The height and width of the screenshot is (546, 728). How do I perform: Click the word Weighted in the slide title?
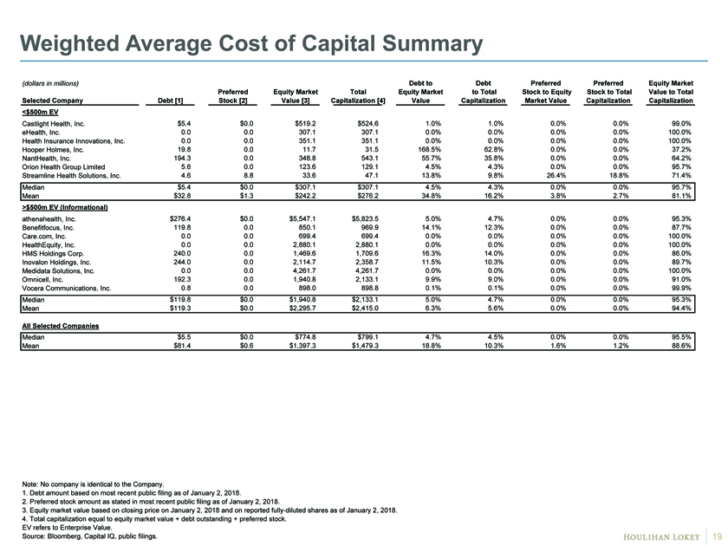[x=69, y=44]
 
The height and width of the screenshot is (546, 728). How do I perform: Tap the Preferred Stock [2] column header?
[x=233, y=96]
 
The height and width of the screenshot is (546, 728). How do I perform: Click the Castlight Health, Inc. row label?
[x=54, y=124]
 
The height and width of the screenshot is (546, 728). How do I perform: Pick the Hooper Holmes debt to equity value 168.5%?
[x=430, y=150]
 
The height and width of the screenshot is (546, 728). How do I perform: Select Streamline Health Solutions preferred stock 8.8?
[x=249, y=176]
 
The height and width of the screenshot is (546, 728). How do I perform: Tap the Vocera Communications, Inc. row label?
[x=67, y=289]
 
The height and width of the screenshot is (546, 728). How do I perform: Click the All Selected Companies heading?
[x=61, y=326]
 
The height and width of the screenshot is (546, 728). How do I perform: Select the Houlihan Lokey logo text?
[x=661, y=537]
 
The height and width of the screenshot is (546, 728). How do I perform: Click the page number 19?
[x=718, y=536]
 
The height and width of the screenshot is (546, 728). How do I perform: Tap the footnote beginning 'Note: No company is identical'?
[x=93, y=484]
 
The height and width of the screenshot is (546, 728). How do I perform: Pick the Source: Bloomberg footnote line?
[x=89, y=536]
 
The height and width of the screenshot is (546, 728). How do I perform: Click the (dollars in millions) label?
[x=50, y=83]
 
